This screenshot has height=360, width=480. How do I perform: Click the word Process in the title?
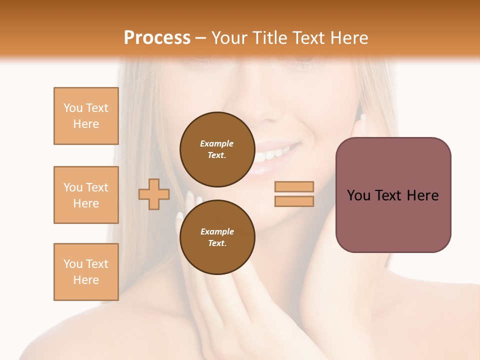(x=157, y=38)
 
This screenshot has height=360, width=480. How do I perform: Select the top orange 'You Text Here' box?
(x=86, y=116)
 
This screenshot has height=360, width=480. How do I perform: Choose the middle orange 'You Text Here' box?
(x=86, y=195)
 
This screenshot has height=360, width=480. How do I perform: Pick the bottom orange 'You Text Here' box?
(x=86, y=272)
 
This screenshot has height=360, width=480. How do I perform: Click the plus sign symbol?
(x=154, y=194)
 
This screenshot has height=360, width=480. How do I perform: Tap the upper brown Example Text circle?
(x=217, y=149)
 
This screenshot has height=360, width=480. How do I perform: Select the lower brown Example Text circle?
(x=217, y=237)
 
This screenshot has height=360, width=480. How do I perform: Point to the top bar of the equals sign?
(x=294, y=186)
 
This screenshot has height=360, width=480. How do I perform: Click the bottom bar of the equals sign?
(x=294, y=201)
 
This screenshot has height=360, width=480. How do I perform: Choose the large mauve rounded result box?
(x=393, y=194)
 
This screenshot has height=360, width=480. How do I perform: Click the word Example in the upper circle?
(x=216, y=143)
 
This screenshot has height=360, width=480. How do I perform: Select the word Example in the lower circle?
(x=217, y=231)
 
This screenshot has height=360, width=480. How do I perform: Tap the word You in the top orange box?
(x=72, y=108)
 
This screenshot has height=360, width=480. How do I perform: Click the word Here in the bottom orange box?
(x=86, y=280)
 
